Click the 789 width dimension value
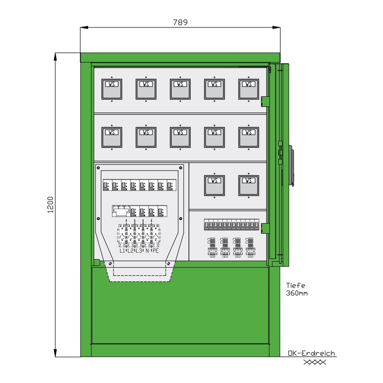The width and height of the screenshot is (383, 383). pos(180,22)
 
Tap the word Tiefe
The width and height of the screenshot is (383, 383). pos(296,285)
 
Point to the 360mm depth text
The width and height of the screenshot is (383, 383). pos(297,293)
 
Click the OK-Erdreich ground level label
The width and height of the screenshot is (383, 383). pos(312,354)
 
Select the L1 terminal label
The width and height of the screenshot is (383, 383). pos(122,251)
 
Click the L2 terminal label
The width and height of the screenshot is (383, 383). pos(131,251)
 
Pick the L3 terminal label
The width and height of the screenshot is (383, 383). pos(139,251)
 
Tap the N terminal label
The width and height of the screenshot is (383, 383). pos(147,251)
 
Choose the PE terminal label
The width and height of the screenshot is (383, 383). pos(155,251)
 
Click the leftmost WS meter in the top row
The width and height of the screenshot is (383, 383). pos(111,89)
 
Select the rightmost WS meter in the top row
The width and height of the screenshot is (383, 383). pos(249,89)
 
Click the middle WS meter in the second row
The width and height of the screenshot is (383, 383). pos(180,137)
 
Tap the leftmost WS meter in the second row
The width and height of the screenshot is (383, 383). pos(111,137)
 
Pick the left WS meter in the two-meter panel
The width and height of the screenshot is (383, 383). pos(214,185)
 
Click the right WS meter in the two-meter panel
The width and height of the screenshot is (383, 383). pos(249,185)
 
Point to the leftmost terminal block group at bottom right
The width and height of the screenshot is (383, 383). pos(212,247)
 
